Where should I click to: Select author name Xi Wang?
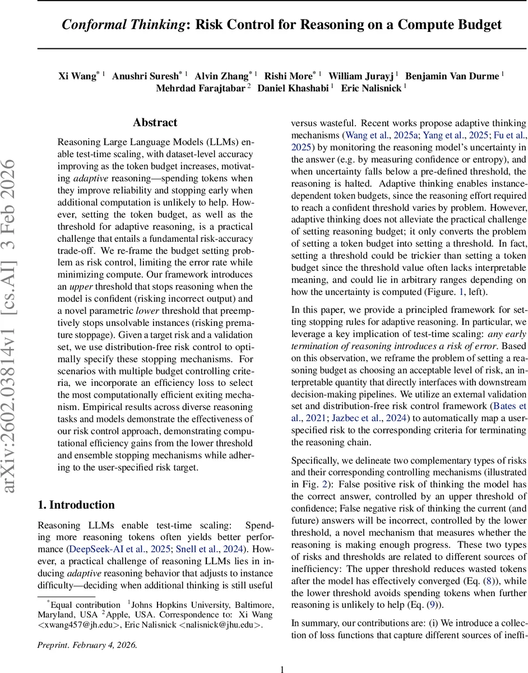(x=77, y=76)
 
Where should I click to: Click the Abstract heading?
(x=155, y=123)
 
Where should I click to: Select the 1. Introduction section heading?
(x=76, y=505)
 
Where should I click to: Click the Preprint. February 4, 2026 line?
(x=86, y=644)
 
